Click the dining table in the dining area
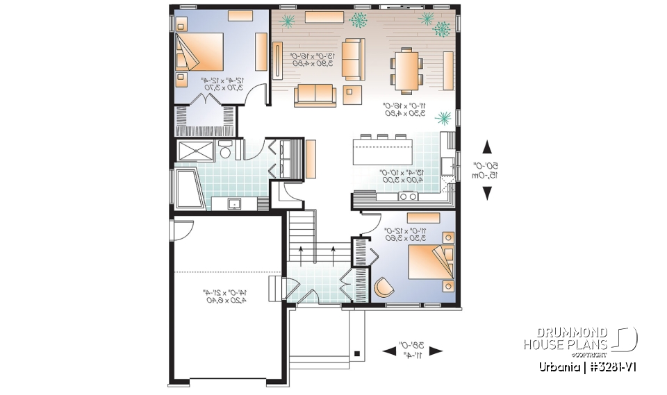click(408, 69)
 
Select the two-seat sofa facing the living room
click(315, 94)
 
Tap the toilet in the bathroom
click(225, 151)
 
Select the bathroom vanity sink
click(235, 203)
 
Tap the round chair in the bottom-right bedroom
click(384, 286)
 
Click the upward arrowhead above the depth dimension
click(486, 146)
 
